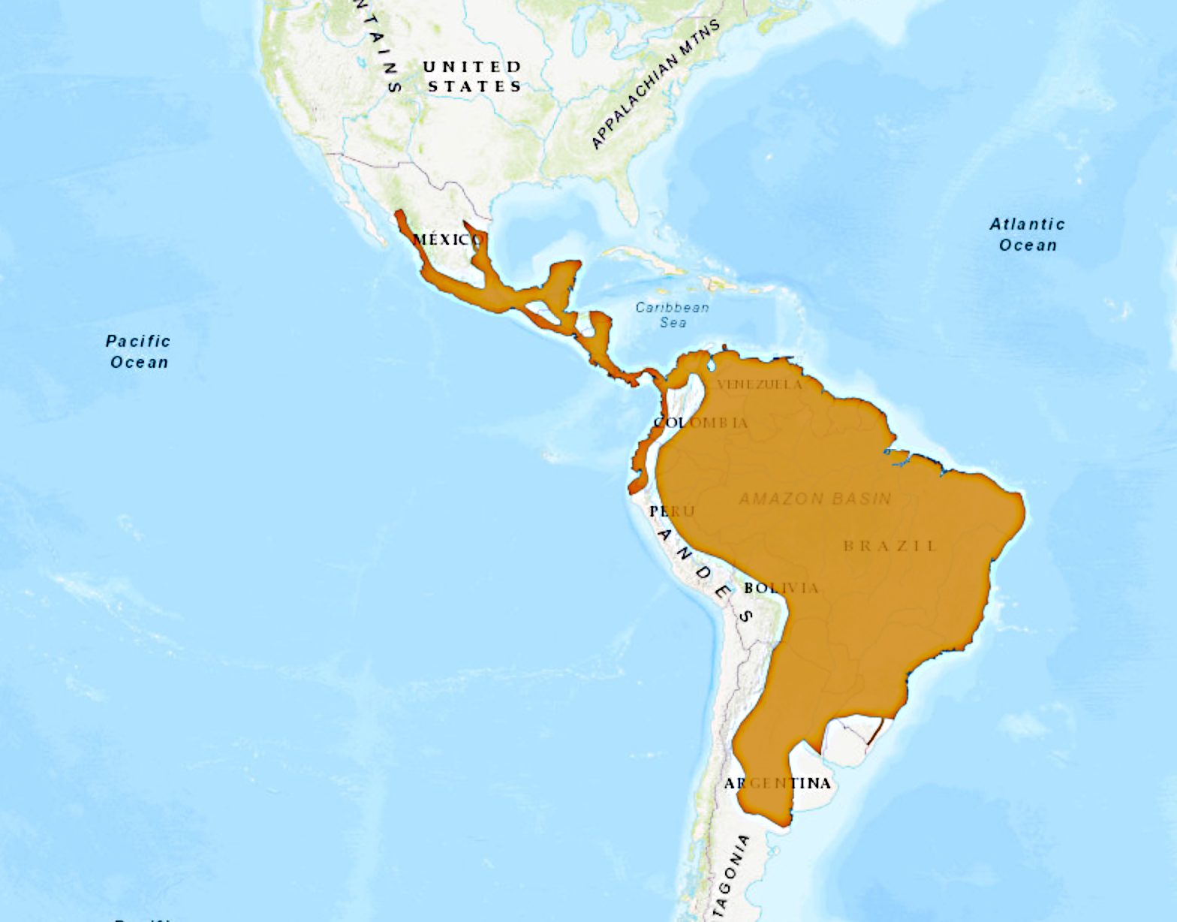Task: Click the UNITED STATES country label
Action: coord(473,77)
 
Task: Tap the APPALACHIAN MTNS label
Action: coord(655,84)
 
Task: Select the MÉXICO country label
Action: coord(447,240)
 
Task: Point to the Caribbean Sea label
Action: coord(673,315)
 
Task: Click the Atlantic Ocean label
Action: coord(1028,234)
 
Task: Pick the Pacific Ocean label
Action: coord(138,351)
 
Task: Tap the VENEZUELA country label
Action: coord(760,384)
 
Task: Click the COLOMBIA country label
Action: coord(701,423)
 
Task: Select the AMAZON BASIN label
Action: coord(815,499)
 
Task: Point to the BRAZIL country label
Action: coord(890,546)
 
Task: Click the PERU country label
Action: coord(673,511)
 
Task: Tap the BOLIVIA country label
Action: coord(781,588)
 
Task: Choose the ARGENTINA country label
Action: coord(778,783)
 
